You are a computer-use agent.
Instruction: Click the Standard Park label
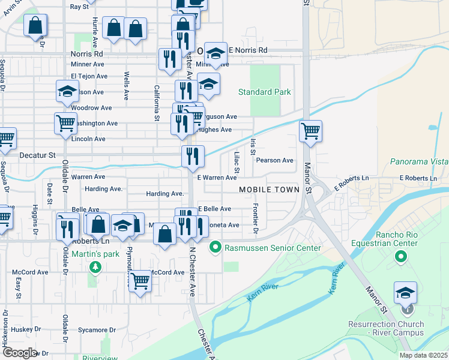[264, 92]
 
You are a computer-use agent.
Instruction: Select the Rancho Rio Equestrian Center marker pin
[400, 258]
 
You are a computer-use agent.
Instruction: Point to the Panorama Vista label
[419, 161]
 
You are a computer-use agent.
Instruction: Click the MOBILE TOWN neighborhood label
[269, 190]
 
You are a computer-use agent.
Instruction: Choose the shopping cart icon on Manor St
[310, 131]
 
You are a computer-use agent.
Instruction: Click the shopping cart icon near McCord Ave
[140, 280]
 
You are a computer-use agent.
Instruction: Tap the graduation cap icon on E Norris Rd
[215, 53]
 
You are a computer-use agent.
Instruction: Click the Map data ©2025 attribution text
[424, 355]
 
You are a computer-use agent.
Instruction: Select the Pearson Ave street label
[274, 161]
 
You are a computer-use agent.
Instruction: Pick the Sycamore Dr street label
[96, 330]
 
